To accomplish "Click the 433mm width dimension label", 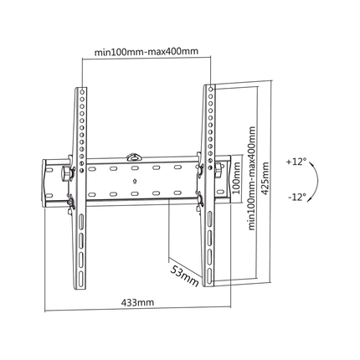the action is click(x=137, y=302).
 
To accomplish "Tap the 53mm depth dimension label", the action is click(x=184, y=276).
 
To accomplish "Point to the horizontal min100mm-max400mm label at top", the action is click(x=147, y=52).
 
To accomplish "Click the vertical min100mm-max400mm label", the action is click(x=252, y=178).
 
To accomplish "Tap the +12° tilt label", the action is click(x=296, y=162).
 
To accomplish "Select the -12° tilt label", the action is click(x=297, y=197).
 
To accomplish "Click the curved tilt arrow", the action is click(x=316, y=180).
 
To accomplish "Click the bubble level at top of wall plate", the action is click(x=134, y=157).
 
